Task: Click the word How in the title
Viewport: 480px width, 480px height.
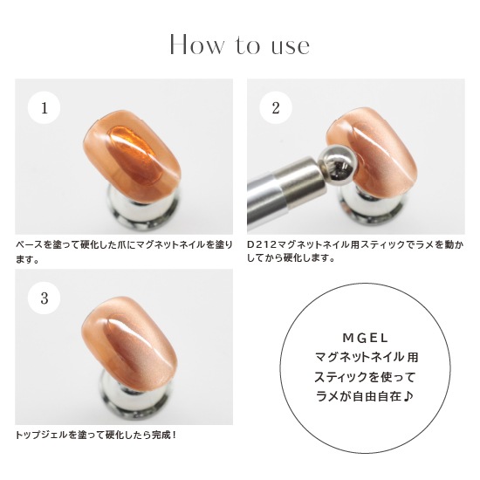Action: tap(196, 45)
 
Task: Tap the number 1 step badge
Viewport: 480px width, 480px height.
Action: tap(45, 107)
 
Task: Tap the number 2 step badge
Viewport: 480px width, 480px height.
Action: tap(276, 107)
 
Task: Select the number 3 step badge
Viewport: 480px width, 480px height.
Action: tap(45, 298)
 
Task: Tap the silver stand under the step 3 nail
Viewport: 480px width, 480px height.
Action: tap(134, 398)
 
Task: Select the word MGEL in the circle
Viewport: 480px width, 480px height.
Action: tap(365, 338)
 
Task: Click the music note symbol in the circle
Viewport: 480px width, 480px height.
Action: tap(408, 396)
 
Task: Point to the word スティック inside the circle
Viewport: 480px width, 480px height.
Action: tap(339, 377)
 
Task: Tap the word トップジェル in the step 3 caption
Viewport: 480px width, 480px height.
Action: tap(41, 435)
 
